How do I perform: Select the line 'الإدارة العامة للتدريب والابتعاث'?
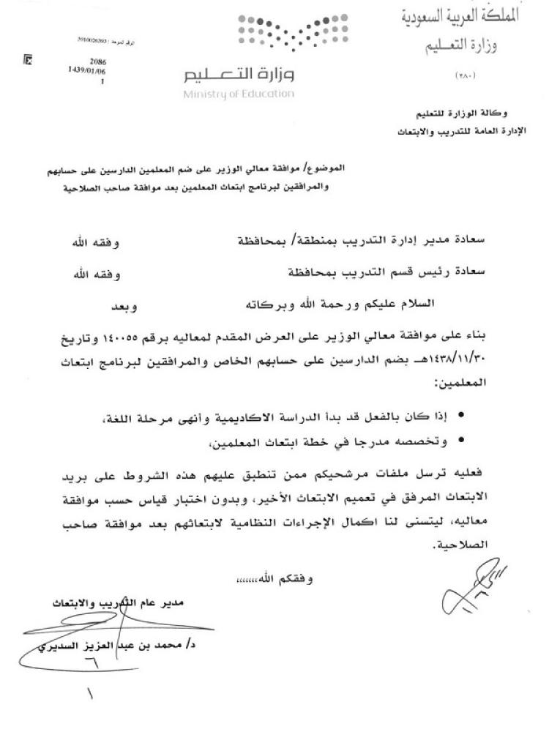tap(455, 132)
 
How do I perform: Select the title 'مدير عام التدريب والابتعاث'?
tap(124, 605)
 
